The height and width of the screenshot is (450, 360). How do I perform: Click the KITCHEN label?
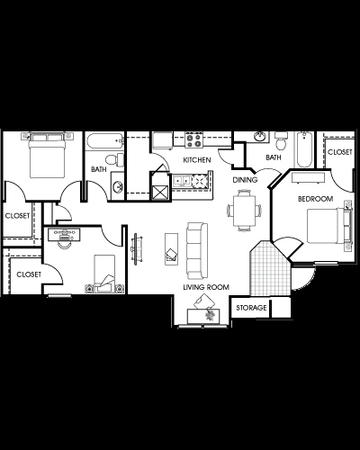click(197, 159)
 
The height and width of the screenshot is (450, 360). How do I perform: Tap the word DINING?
click(246, 179)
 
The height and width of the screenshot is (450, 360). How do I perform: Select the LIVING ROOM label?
click(206, 287)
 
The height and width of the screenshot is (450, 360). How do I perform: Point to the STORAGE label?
click(252, 309)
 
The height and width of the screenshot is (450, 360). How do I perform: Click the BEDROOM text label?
click(316, 198)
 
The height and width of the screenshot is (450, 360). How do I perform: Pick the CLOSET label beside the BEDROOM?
click(340, 153)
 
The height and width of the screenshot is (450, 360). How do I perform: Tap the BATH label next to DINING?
click(273, 157)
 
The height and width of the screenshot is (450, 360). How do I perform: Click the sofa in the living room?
click(195, 248)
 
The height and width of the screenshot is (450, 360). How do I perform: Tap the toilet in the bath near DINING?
click(281, 142)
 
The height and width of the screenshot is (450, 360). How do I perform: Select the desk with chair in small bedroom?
click(65, 236)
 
